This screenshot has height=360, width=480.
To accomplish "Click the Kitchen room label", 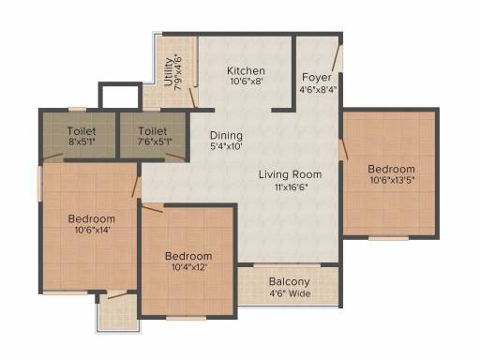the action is [246, 70].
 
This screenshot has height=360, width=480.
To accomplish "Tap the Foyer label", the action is [317, 77].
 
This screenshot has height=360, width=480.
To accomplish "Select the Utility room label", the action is [169, 72].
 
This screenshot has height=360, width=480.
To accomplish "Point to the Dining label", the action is [226, 135].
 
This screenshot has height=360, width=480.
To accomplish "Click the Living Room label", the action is [291, 174].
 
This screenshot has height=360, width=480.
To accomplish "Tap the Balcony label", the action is [290, 282].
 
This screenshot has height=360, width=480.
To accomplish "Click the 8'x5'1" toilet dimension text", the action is [82, 142].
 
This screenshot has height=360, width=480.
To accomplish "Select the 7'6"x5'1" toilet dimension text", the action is [153, 142].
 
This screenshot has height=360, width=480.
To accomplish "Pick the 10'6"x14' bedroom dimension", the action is [92, 231].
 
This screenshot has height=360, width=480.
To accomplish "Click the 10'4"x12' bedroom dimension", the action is [188, 267].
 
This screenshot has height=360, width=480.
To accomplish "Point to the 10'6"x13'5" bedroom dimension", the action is [392, 180].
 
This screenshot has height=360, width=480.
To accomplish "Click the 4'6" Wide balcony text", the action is [290, 293].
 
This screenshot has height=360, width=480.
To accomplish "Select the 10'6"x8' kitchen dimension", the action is [247, 82].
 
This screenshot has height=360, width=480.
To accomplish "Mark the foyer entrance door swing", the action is [337, 58].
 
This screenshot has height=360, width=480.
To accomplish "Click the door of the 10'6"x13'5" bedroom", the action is [344, 149].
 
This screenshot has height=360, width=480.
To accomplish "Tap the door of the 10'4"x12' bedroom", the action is [152, 208].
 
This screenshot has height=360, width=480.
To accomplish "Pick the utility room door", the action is [193, 97].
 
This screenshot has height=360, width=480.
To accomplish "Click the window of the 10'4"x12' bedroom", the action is [186, 319].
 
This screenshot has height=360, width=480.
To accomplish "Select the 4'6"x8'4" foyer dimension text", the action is [318, 90].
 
